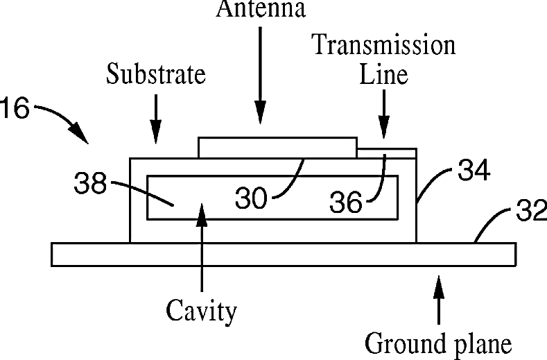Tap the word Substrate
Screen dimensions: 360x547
(x=156, y=74)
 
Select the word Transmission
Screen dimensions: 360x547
(x=383, y=45)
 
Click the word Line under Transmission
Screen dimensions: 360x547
(x=383, y=74)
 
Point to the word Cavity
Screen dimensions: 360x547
(x=201, y=311)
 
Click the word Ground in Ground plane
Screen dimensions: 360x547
(x=398, y=343)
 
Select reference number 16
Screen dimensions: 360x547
(x=13, y=110)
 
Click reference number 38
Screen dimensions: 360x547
(x=90, y=184)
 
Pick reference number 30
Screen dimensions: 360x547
(x=251, y=199)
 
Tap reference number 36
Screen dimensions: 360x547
(x=345, y=202)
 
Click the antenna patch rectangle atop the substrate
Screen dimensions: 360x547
(x=277, y=147)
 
